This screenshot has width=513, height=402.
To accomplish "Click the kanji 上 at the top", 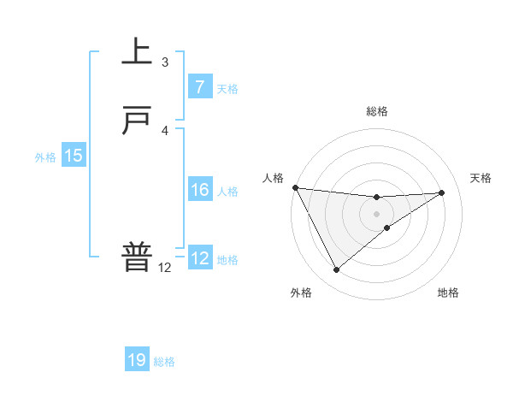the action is pos(137,52).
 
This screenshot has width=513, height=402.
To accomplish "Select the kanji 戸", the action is pos(137,121).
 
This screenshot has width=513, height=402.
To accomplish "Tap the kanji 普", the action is pos(137,257).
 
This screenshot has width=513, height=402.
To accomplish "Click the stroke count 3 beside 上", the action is pos(165,62).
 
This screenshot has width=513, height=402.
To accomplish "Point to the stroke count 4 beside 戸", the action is pos(165,130).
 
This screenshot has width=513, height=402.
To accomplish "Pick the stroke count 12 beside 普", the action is pos(165,267).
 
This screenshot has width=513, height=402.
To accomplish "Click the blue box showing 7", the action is pos(199,87).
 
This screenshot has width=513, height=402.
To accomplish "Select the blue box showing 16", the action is pos(199,190).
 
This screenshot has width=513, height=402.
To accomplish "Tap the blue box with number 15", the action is pos(74,156).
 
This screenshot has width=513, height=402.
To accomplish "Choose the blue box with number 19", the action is pos(137,360).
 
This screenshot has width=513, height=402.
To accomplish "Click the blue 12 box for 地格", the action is pos(199,258).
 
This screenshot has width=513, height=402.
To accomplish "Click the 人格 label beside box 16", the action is pos(227,192).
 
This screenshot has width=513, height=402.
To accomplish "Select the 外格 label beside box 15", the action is pos(45,157).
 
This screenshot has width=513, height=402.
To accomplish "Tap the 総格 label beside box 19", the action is pos(164,362).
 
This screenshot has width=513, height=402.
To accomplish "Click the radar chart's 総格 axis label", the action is pos(376,111).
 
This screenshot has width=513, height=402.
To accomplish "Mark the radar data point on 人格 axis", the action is pos(295,187).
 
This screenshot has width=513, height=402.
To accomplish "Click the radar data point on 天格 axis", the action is pos(441,192).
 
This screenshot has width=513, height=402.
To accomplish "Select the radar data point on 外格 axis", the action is pos(336,270).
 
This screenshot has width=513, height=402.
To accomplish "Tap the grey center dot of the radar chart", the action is pos(376,213).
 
